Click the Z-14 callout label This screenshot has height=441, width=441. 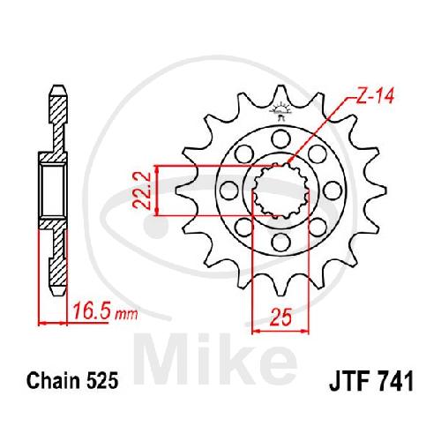click(375, 96)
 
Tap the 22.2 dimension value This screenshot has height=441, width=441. click(142, 191)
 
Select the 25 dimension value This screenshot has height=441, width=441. click(280, 318)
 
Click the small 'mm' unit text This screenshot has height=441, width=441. click(126, 315)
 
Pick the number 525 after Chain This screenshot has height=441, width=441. click(102, 381)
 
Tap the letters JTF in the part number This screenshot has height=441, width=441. click(348, 381)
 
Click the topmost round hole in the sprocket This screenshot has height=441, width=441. click(280, 138)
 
